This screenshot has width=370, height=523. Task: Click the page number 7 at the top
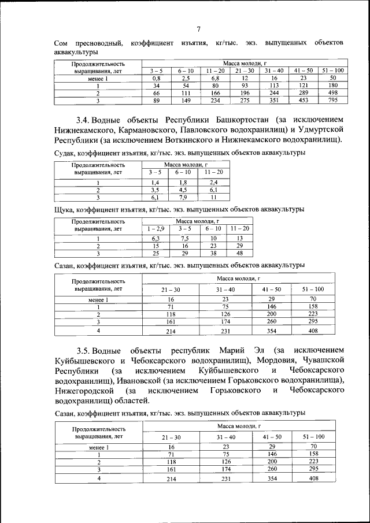198,30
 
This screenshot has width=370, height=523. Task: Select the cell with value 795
332,100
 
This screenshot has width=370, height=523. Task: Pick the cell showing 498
332,92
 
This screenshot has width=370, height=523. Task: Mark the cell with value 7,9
183,196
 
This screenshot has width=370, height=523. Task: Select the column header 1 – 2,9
156,229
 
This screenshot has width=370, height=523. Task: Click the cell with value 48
240,253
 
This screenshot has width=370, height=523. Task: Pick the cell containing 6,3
156,238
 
